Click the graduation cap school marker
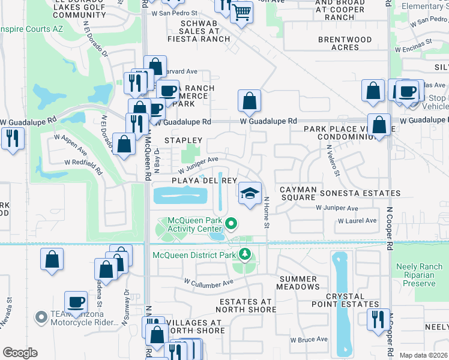[250, 193]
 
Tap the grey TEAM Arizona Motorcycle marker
[41, 316]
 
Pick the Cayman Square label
[298, 193]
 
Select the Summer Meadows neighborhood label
[298, 283]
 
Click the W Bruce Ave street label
[309, 340]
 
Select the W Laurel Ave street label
[357, 221]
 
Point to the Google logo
[20, 353]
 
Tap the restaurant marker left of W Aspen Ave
[13, 139]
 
